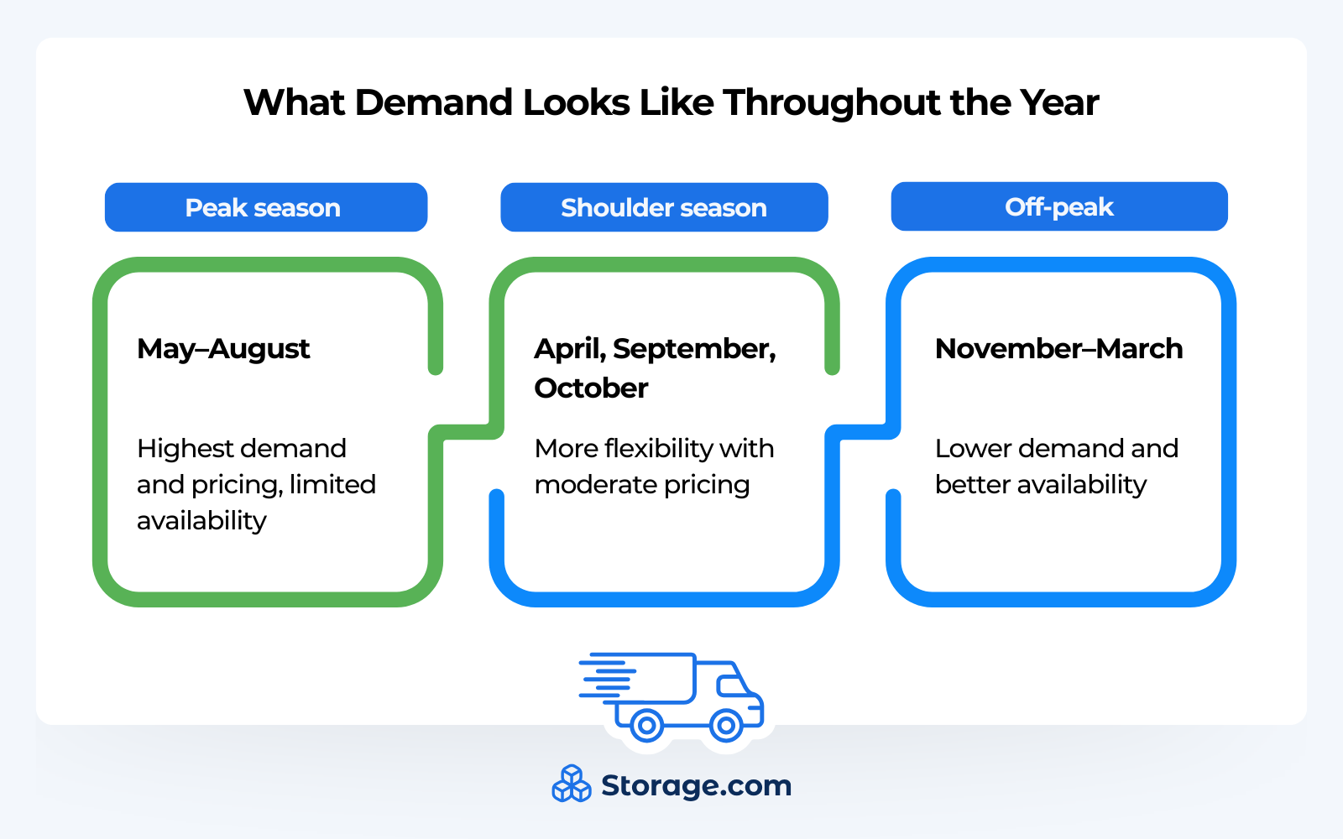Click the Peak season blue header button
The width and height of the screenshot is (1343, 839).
point(265,207)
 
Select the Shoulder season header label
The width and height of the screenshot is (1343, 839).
point(663,207)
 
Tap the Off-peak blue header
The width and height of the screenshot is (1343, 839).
point(1058,206)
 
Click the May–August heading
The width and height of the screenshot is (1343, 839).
point(223,348)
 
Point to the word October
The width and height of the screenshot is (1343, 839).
point(591,388)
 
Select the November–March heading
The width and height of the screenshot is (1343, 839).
point(1058,348)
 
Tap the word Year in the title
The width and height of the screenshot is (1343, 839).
point(1059,102)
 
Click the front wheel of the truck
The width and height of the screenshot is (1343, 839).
point(725,724)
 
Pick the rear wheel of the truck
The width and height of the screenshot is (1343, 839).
point(646,724)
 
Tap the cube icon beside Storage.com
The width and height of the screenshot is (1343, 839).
point(572,784)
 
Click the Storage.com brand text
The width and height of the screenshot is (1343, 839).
point(696,785)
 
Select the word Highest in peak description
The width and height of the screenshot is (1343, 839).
point(184,448)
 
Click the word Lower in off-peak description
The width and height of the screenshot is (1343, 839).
point(972,448)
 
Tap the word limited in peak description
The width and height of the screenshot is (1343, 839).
point(332,484)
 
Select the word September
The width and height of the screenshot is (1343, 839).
point(694,348)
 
